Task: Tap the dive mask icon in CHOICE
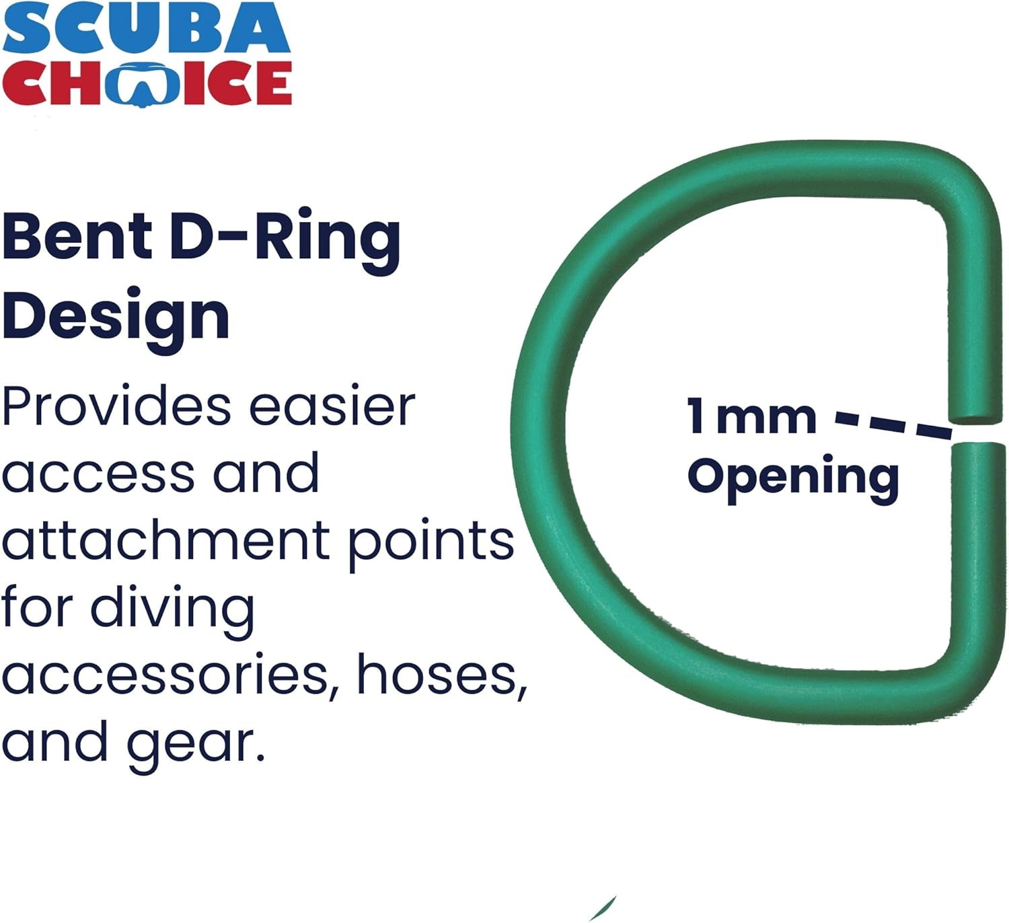tap(145, 83)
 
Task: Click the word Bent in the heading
tap(77, 235)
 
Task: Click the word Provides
tap(116, 406)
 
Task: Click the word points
tap(431, 544)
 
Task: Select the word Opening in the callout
tap(793, 477)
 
